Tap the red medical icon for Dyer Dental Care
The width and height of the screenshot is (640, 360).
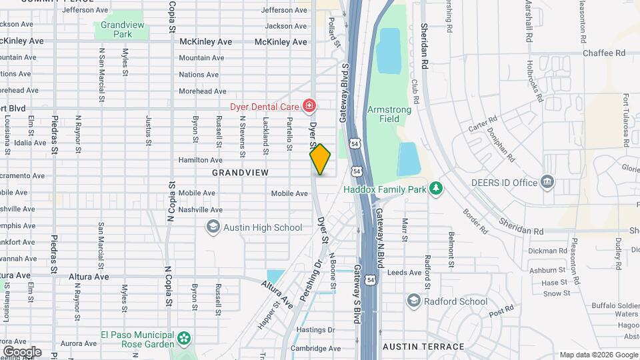(309, 106)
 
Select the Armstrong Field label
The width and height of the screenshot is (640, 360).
(383, 114)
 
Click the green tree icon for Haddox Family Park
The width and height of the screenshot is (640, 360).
(436, 189)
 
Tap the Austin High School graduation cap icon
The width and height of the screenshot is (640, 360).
(213, 227)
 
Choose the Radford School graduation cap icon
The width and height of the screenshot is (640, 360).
(414, 301)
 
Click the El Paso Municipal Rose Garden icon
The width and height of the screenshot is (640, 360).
(185, 339)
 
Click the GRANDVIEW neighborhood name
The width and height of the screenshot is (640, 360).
(240, 173)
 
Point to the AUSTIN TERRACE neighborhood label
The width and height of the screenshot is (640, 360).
(423, 347)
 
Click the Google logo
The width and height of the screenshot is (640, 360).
(22, 352)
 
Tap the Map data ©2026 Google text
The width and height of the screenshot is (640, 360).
(598, 355)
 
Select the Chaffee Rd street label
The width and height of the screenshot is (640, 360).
(603, 53)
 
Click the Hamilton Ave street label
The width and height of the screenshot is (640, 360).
(200, 160)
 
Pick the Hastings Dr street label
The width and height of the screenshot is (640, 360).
(315, 330)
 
